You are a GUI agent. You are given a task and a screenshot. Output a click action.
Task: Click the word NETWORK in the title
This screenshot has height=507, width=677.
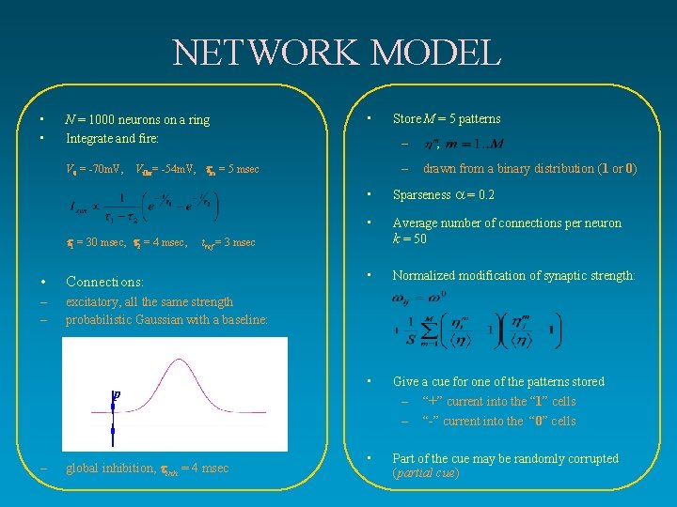[255, 53]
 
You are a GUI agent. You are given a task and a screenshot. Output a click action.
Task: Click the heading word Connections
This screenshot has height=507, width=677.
[103, 282]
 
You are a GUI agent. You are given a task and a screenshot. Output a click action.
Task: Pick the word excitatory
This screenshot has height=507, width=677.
[93, 301]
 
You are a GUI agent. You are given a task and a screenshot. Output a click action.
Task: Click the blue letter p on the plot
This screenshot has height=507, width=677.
[117, 395]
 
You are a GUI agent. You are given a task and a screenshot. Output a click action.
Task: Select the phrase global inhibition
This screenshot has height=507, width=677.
[110, 468]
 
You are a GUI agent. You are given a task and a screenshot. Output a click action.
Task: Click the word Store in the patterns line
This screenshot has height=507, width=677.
[407, 118]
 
